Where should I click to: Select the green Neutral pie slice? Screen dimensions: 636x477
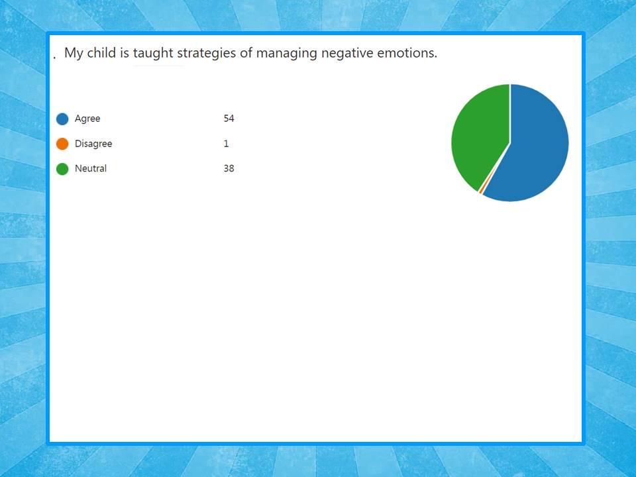[x=478, y=134]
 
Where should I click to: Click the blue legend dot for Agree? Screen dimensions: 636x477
[x=62, y=119]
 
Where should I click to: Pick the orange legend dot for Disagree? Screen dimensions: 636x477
[x=62, y=144]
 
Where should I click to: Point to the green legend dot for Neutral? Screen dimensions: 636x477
[x=62, y=169]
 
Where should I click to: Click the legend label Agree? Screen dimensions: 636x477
[x=87, y=119]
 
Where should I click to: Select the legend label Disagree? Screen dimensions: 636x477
[x=93, y=144]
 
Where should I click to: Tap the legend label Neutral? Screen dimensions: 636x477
[x=91, y=168]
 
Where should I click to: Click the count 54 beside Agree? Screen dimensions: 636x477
[x=229, y=119]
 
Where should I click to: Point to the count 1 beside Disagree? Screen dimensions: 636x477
[x=226, y=144]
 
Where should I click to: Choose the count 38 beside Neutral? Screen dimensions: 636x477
[x=229, y=168]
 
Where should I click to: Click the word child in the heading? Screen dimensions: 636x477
[x=101, y=53]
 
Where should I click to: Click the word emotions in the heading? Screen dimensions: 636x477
[x=405, y=53]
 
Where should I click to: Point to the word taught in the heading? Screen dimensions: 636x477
[x=153, y=54]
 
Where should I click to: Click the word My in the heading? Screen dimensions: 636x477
[x=74, y=54]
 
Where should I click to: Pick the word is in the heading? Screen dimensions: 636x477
[x=125, y=53]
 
